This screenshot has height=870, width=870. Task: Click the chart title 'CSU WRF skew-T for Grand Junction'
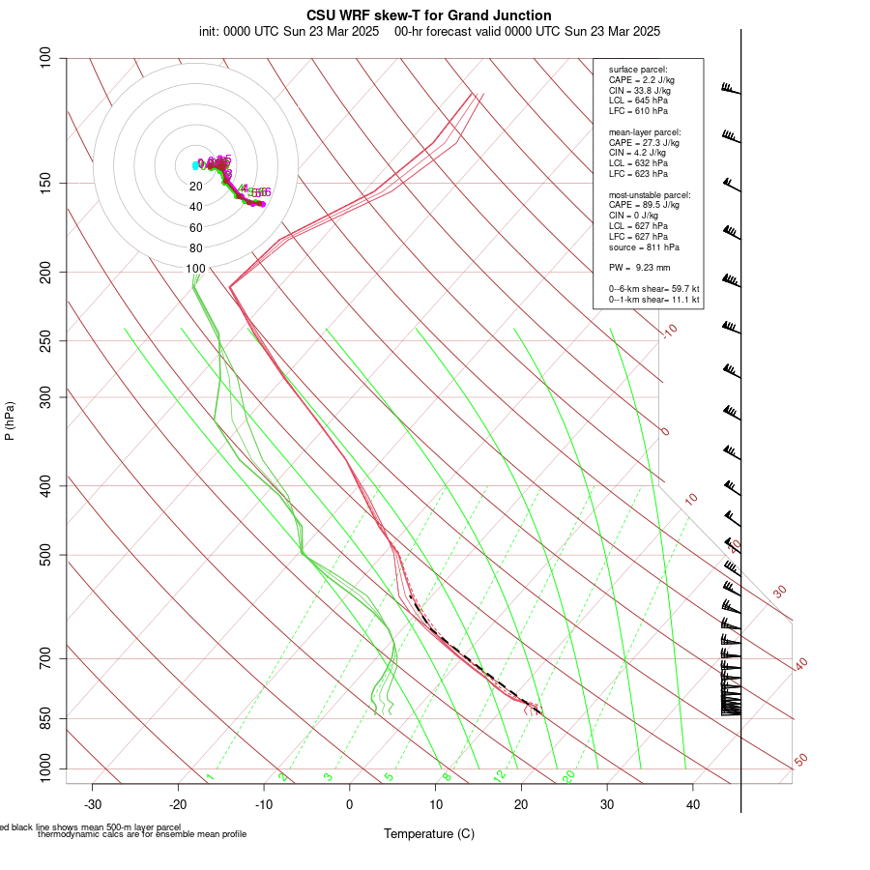click(429, 15)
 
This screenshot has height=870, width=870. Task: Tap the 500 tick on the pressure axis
click(46, 555)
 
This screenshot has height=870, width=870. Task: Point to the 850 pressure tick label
click(46, 719)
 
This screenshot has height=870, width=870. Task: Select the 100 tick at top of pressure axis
click(46, 58)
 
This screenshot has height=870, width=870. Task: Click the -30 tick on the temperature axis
click(93, 803)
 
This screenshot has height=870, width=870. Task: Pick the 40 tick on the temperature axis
click(693, 803)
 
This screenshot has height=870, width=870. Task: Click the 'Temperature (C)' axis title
click(428, 833)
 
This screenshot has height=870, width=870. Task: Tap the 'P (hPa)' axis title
click(10, 421)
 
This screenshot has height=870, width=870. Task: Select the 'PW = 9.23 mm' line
click(639, 267)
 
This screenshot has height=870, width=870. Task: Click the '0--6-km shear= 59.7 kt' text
click(653, 289)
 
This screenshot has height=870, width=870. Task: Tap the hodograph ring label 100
click(195, 268)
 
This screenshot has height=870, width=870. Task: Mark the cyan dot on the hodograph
click(195, 165)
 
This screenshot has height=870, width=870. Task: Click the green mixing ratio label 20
click(569, 775)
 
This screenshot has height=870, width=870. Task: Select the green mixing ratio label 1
click(210, 776)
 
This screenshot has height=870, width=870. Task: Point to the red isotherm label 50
click(800, 761)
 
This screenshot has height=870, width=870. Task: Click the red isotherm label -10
click(670, 331)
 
